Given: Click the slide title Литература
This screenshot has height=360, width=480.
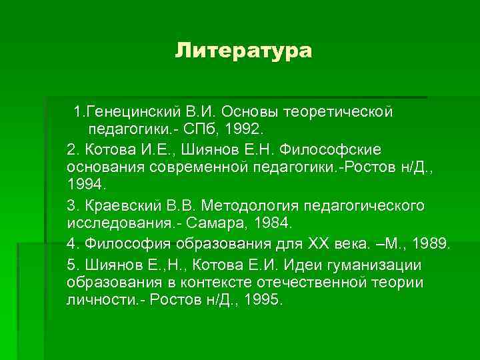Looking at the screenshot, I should (243, 51).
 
